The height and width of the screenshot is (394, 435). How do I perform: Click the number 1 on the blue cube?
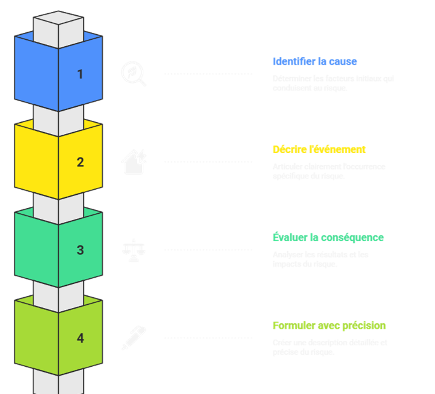[80, 75]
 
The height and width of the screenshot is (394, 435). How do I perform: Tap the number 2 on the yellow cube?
[80, 163]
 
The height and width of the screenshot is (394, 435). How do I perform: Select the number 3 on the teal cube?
[80, 250]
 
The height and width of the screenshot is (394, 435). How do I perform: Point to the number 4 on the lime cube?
[80, 338]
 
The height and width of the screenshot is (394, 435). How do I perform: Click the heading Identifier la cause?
[314, 62]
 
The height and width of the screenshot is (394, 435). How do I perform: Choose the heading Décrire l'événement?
[319, 150]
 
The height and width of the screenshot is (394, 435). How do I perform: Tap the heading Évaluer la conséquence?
[328, 238]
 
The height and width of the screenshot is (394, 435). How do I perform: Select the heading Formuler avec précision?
[329, 326]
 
